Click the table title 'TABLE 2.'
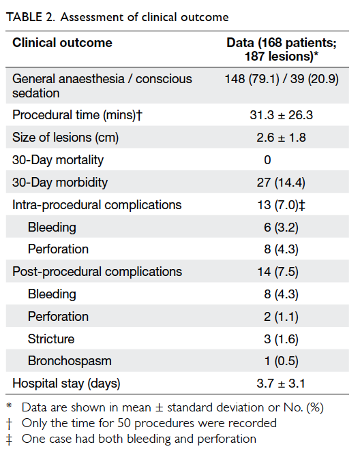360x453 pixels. point(31,17)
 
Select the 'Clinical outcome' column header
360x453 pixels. point(62,43)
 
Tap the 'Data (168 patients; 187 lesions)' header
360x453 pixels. point(282,50)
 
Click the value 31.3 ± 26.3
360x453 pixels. point(282,115)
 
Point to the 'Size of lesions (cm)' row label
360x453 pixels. point(65,137)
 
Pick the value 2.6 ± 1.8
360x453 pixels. point(281,138)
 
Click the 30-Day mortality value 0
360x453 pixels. point(267,160)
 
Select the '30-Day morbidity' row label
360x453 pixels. point(60,183)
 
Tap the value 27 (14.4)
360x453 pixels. point(281,183)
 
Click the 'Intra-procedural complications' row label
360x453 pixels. point(97,205)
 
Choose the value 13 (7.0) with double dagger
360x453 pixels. point(282,205)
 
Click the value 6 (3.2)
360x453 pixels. point(281,228)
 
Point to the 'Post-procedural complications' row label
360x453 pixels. point(97,272)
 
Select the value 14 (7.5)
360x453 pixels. point(278,272)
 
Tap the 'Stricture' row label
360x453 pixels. point(51,339)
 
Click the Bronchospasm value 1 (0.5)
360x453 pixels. point(282,361)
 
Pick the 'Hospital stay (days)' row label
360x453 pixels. point(66,384)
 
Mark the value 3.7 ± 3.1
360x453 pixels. point(281,384)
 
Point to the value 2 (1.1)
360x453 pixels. point(281,317)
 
